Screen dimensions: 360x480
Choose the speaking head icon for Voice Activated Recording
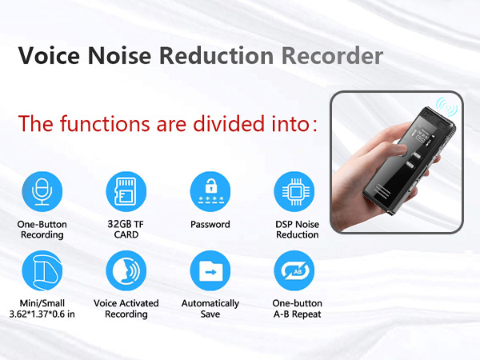(126, 271)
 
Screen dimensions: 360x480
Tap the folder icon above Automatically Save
(210, 271)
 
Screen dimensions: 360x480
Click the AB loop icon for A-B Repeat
(294, 271)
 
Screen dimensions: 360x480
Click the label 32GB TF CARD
(126, 230)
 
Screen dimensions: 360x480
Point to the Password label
(210, 225)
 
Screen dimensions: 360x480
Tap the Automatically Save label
(210, 309)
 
